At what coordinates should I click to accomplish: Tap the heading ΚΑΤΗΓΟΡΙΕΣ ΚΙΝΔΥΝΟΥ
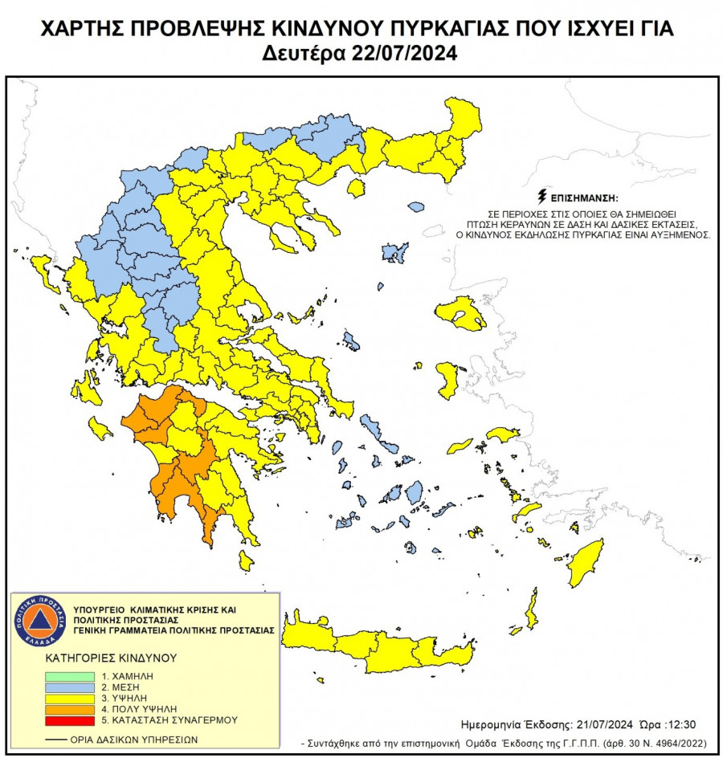tap(110, 658)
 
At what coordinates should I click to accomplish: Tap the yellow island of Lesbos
tap(461, 313)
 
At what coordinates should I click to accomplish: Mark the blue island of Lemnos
tap(394, 253)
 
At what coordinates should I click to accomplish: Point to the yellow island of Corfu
tap(45, 274)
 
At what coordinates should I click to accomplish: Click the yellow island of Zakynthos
tap(100, 427)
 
